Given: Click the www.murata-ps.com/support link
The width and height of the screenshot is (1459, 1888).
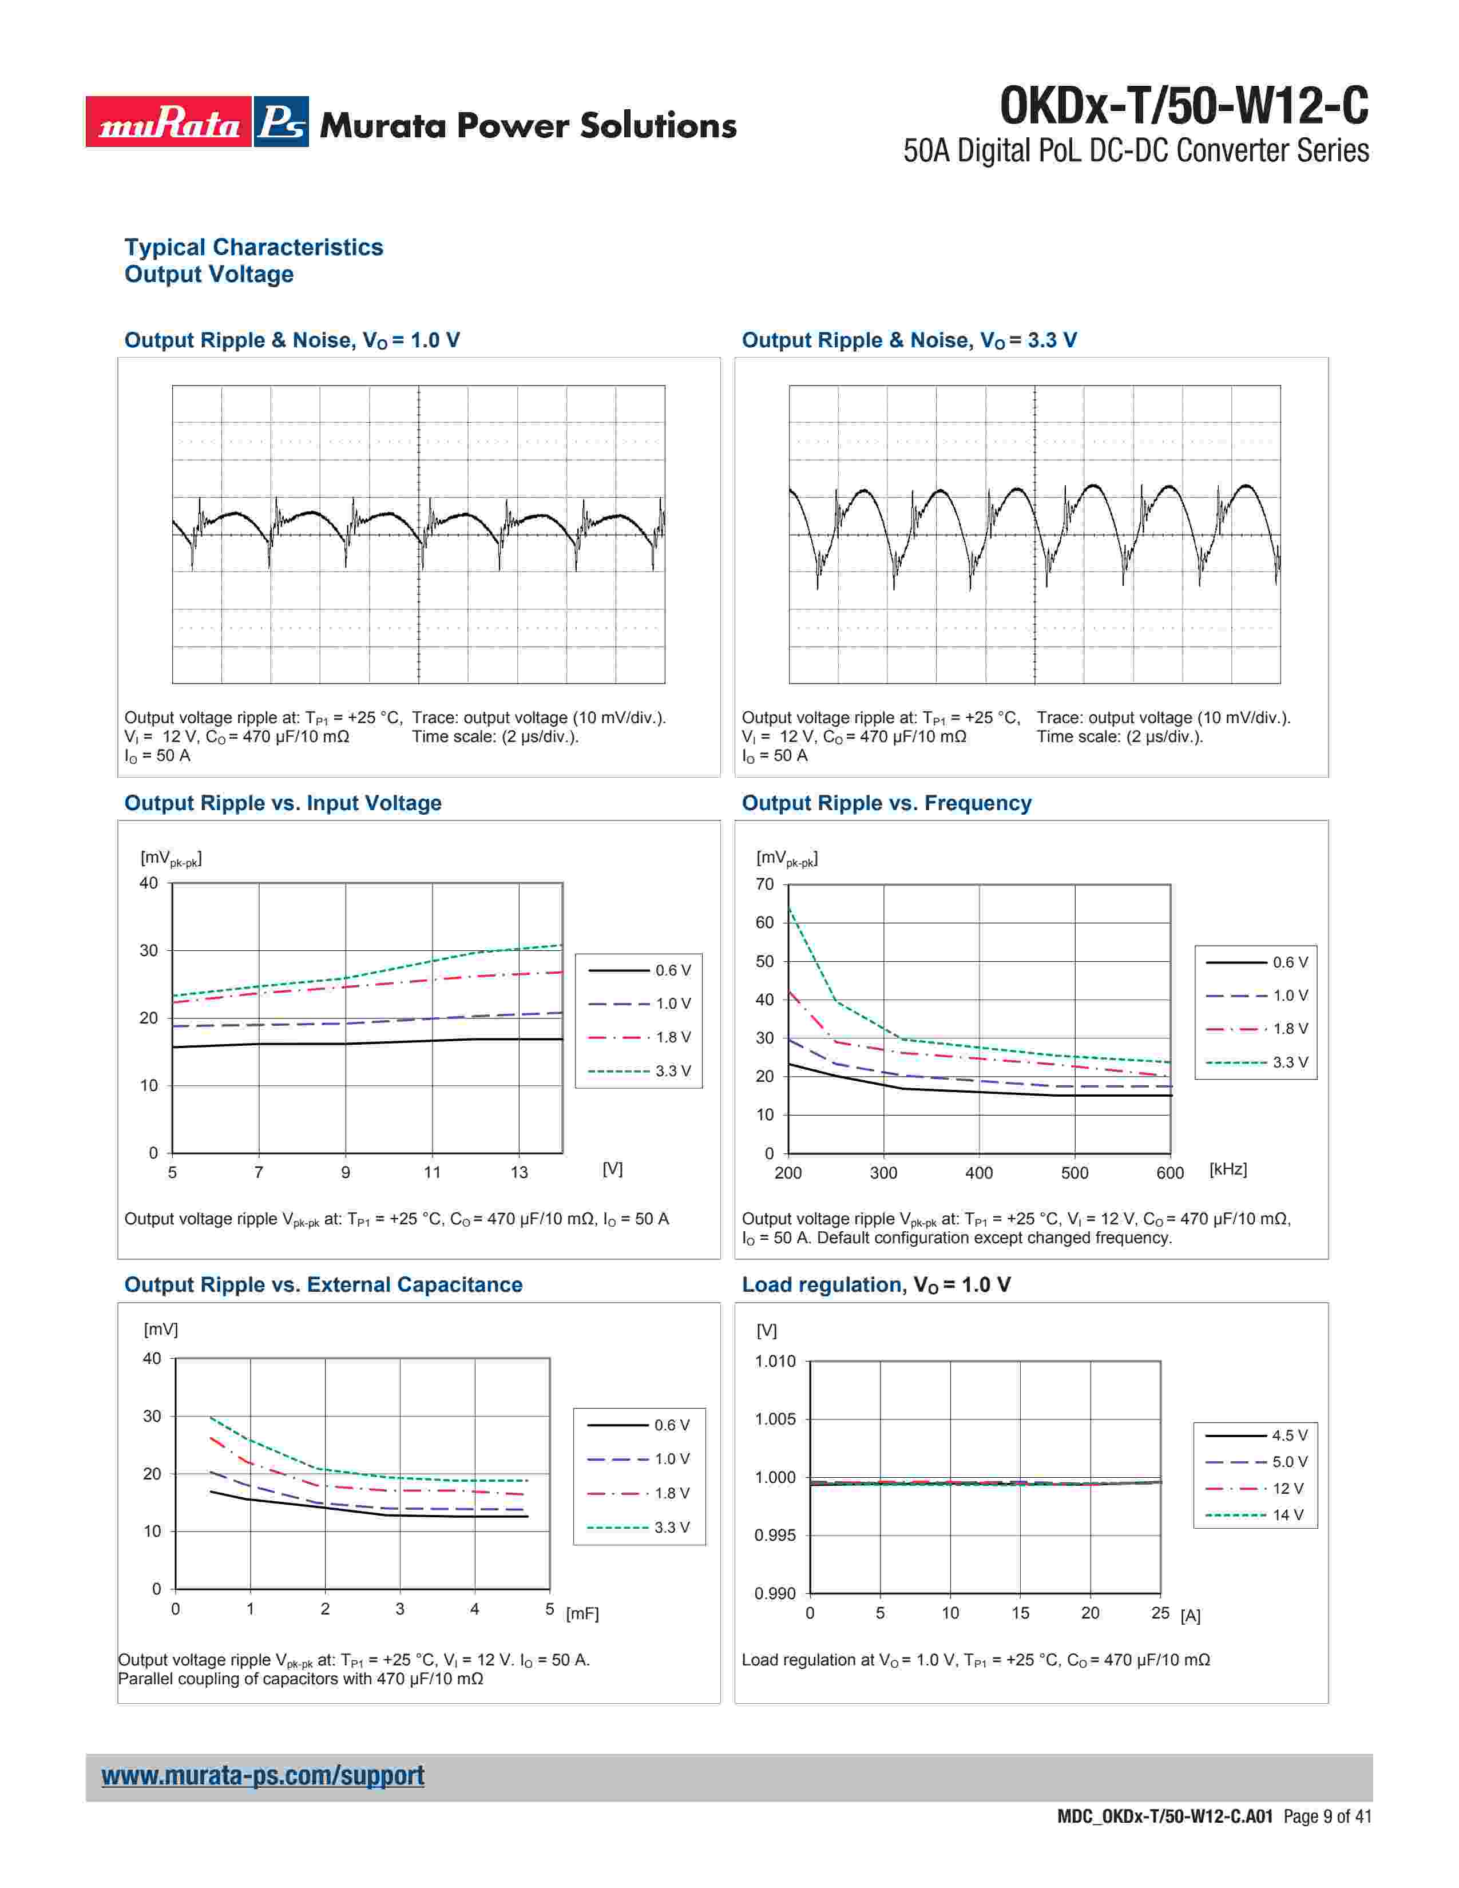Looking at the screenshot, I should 263,1776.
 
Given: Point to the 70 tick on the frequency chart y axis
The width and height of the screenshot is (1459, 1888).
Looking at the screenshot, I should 765,884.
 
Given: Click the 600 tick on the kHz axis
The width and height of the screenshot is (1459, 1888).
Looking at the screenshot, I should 1169,1173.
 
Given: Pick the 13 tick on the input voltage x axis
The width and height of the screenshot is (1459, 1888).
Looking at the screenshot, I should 518,1172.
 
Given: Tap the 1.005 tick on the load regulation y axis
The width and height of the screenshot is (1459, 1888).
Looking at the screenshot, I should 775,1419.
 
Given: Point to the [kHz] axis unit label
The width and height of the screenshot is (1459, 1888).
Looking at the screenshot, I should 1228,1169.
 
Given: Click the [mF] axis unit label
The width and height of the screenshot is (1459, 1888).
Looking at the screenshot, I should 582,1614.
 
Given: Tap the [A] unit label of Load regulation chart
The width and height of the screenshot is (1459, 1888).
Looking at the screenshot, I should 1190,1616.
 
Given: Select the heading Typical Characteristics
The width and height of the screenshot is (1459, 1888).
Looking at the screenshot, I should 253,247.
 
